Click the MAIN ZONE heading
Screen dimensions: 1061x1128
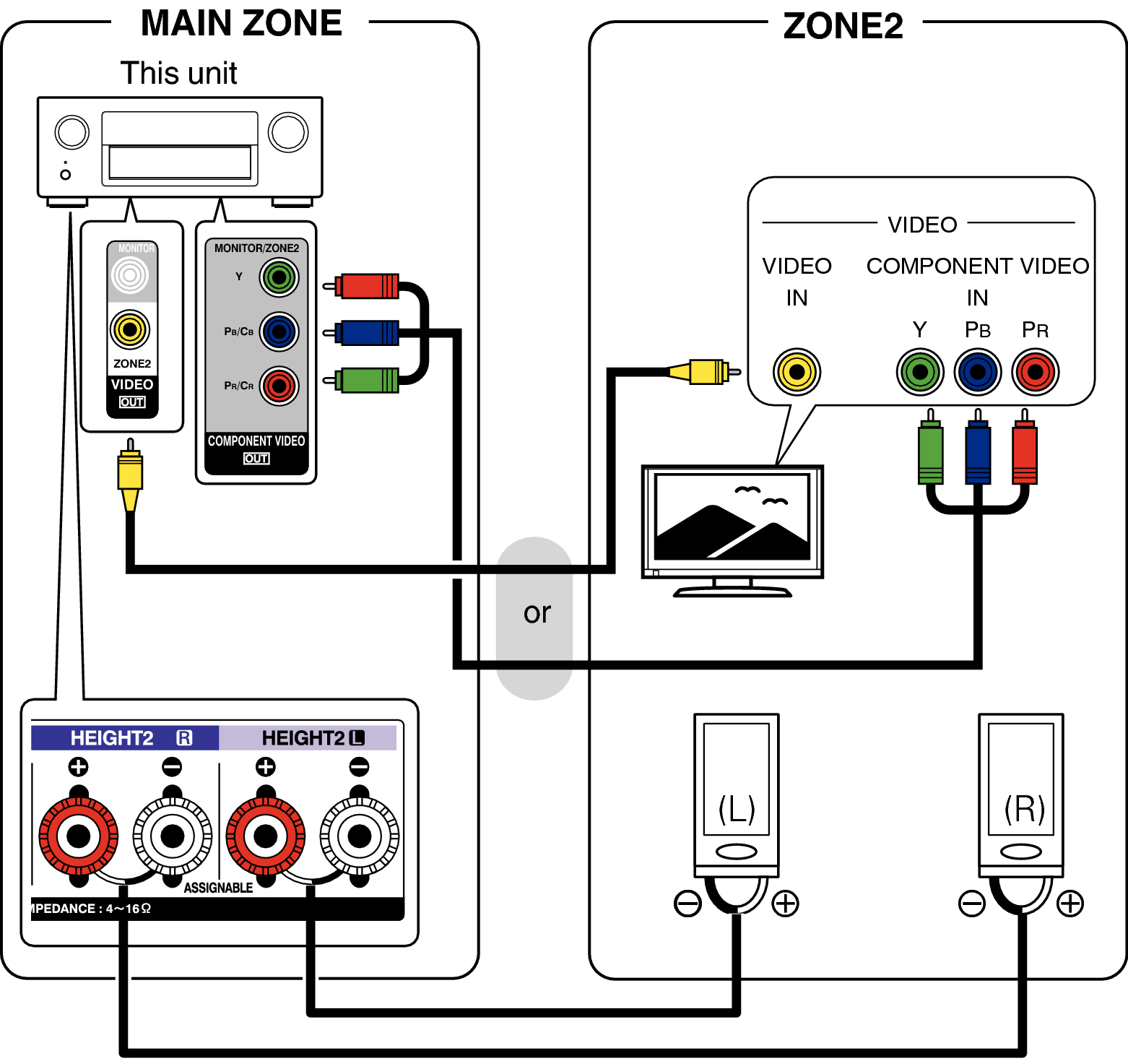pyautogui.click(x=241, y=23)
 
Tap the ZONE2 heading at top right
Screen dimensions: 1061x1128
pyautogui.click(x=843, y=26)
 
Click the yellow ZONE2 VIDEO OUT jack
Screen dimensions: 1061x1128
pyautogui.click(x=130, y=329)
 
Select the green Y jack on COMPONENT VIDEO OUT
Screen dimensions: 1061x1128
pyautogui.click(x=279, y=277)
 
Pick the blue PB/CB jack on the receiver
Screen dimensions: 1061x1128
pyautogui.click(x=279, y=332)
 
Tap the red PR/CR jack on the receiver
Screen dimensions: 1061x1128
pyautogui.click(x=279, y=386)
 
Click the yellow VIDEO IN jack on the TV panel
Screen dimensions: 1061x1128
pyautogui.click(x=797, y=372)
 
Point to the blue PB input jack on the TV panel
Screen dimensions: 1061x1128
pyautogui.click(x=977, y=372)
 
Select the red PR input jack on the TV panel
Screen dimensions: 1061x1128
pyautogui.click(x=1035, y=372)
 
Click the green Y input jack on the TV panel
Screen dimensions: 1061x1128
pyautogui.click(x=919, y=372)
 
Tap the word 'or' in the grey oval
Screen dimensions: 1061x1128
pyautogui.click(x=537, y=613)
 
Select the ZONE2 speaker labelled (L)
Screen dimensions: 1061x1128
pyautogui.click(x=736, y=794)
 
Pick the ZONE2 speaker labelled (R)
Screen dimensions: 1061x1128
pyautogui.click(x=1021, y=794)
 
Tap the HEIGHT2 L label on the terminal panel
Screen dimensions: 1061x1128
pyautogui.click(x=311, y=737)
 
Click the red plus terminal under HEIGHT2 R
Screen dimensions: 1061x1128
pyautogui.click(x=78, y=836)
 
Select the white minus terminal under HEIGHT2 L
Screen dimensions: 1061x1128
pyautogui.click(x=359, y=836)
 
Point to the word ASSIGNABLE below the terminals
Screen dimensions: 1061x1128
pyautogui.click(x=218, y=888)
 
